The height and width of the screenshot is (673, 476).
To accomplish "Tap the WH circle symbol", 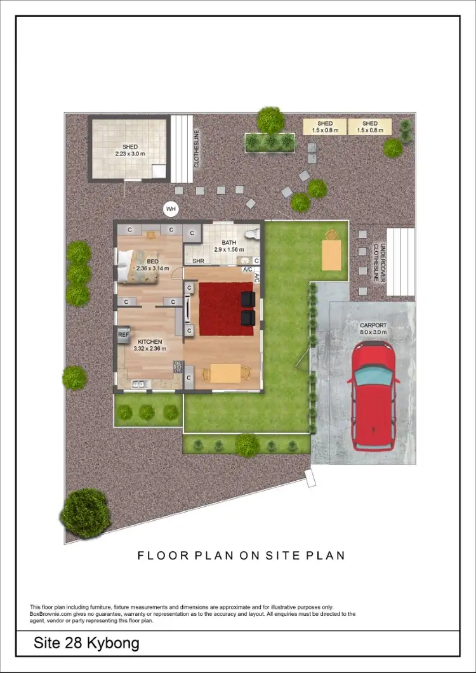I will click(170, 208).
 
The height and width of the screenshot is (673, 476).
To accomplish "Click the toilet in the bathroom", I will click(255, 233).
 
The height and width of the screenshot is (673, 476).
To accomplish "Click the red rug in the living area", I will click(226, 309).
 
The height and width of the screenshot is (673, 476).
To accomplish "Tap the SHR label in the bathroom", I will click(199, 261).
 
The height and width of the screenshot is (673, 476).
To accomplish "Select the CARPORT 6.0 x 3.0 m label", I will click(373, 328).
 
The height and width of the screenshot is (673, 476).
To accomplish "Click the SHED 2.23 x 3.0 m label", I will click(129, 150).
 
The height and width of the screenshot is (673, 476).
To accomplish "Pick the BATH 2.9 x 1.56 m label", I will click(228, 246).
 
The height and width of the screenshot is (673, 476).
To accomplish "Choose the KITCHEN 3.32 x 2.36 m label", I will click(150, 344).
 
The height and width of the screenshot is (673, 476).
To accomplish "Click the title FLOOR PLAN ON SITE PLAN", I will click(241, 556).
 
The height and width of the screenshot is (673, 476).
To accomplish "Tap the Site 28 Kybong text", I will click(86, 644).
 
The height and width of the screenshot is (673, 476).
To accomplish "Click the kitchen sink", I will click(139, 383).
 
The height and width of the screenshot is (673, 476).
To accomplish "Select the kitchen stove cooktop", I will click(178, 366).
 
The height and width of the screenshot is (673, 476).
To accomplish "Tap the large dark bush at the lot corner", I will click(85, 513).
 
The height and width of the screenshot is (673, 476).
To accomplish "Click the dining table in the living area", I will click(225, 374).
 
